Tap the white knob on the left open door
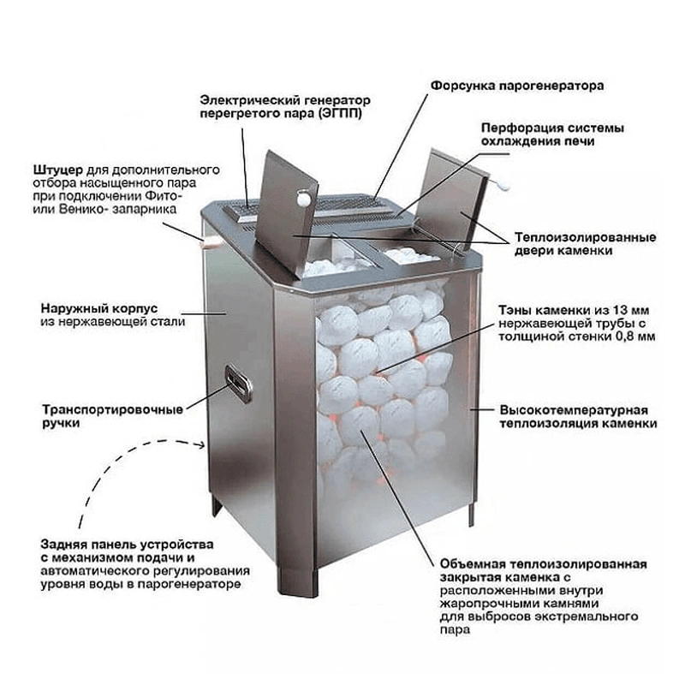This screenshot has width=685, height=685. pos(302,199)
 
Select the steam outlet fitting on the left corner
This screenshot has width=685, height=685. pos(205,244)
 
